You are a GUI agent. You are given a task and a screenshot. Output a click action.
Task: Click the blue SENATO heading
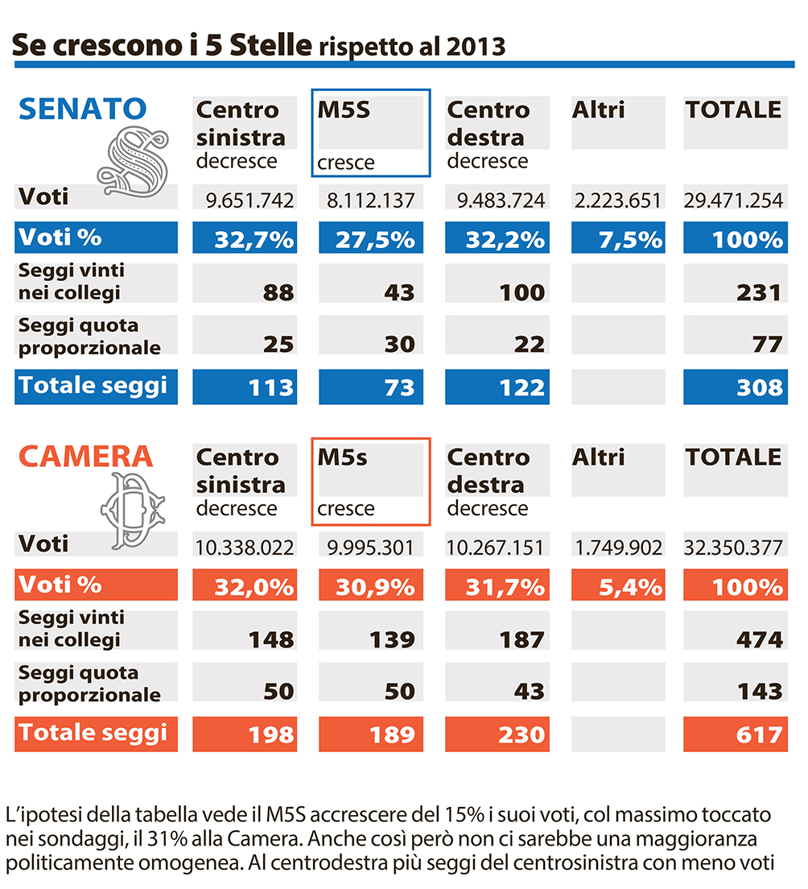[83, 109]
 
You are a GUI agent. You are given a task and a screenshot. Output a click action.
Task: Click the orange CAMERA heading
[85, 457]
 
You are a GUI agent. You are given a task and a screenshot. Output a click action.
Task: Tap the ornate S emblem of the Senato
[134, 162]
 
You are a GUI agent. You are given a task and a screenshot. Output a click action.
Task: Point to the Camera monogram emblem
[133, 511]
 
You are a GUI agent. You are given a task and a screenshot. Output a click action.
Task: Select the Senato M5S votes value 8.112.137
[371, 201]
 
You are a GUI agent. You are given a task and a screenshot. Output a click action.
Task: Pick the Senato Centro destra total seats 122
[521, 388]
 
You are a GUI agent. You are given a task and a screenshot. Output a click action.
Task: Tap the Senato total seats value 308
[760, 388]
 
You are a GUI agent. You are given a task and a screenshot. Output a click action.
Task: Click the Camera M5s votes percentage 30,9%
[375, 587]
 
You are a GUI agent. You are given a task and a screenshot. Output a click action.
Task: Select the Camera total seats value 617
[760, 735]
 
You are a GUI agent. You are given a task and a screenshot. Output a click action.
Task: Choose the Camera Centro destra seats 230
[521, 735]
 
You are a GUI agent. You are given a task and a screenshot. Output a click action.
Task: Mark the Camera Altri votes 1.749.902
[618, 548]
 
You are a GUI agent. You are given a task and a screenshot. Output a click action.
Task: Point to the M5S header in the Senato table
[344, 110]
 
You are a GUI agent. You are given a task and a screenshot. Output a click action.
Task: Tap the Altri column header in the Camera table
[598, 457]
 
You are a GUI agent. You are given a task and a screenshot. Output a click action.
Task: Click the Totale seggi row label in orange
[93, 733]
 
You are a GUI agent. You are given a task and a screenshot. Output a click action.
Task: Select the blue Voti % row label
[60, 237]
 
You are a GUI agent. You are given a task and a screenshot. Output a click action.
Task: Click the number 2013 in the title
[476, 47]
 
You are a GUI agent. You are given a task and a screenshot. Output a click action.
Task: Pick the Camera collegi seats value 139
[393, 640]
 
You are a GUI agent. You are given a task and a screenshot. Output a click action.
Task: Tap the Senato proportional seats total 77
[768, 344]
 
